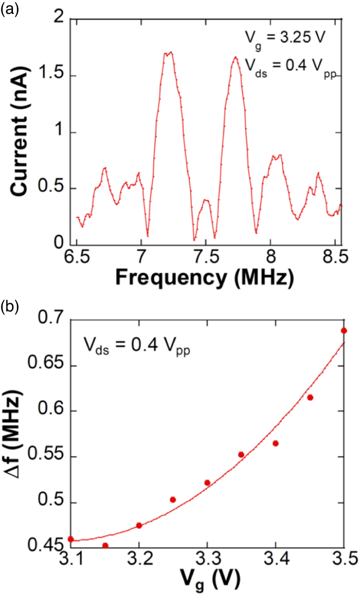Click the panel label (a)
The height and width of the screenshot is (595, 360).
9,9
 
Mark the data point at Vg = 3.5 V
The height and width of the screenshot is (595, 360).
344,330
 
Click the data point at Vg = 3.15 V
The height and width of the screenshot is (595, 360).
105,546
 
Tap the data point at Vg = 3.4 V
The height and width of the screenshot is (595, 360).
276,443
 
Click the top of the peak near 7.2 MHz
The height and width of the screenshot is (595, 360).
168,53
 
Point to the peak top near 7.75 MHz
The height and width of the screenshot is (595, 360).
236,57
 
